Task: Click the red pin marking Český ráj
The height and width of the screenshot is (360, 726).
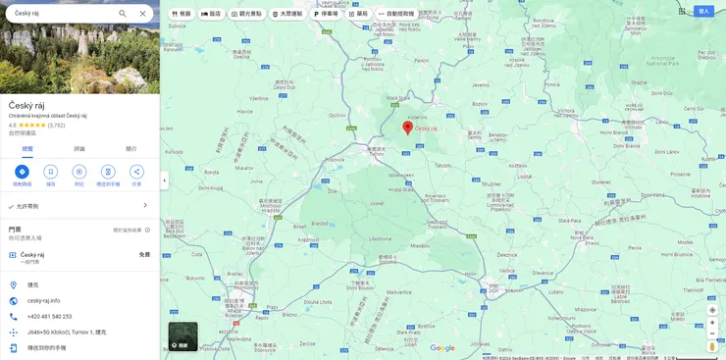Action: tap(408, 128)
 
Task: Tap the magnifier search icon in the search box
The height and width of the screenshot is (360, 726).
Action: tap(123, 14)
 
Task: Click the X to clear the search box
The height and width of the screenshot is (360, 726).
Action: tap(142, 14)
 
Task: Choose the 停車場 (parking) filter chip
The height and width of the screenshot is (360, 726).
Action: tap(326, 14)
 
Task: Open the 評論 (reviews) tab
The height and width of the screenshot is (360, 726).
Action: tap(79, 148)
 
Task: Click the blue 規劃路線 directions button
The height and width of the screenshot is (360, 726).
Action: tap(22, 172)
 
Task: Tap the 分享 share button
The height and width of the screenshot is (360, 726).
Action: tap(136, 172)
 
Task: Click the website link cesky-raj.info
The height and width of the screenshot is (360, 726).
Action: tap(44, 300)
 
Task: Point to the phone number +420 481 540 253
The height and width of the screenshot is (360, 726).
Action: tap(49, 316)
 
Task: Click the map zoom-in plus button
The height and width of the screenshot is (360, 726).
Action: tap(712, 323)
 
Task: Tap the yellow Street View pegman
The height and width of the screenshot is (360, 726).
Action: tap(712, 345)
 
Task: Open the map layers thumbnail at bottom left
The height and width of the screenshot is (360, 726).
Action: tap(182, 336)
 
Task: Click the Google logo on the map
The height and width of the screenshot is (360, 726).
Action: tap(442, 347)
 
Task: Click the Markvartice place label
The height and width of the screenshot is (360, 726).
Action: tap(397, 291)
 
